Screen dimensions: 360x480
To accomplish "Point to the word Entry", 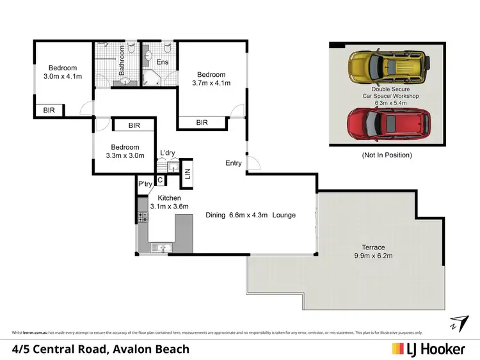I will pos(234,163).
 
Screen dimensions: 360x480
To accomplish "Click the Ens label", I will pos(163,62).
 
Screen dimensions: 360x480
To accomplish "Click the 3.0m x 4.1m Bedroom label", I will pos(63,73).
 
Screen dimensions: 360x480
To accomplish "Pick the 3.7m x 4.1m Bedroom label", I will pos(211,78).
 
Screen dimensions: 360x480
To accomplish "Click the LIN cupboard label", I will pos(188,173).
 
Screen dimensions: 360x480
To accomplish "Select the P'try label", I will pos(144,185).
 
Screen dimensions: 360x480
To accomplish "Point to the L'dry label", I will pos(168,152).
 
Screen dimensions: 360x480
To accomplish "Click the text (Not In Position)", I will pos(387,155).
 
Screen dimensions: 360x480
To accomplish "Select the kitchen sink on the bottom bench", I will pos(160,247).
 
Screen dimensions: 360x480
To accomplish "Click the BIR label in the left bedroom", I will pos(49,111).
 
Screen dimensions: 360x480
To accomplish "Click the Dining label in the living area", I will pos(215,215).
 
